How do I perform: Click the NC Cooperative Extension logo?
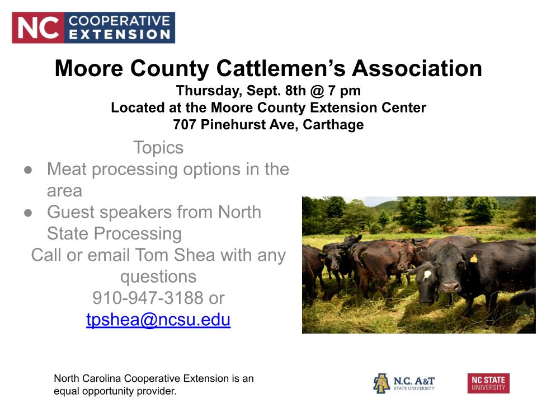click(93, 28)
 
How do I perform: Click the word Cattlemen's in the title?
click(281, 68)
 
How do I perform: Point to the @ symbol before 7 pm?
click(317, 91)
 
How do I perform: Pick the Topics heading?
click(158, 148)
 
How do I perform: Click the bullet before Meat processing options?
click(28, 170)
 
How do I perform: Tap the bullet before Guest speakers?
click(28, 213)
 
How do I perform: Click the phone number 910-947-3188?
click(148, 298)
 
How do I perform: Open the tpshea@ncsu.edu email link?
click(158, 320)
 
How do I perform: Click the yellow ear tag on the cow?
click(474, 258)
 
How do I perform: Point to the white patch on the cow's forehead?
click(427, 274)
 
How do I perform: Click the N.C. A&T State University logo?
click(404, 383)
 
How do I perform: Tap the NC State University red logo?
click(488, 383)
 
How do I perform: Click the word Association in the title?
click(417, 68)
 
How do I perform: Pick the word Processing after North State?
click(138, 234)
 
